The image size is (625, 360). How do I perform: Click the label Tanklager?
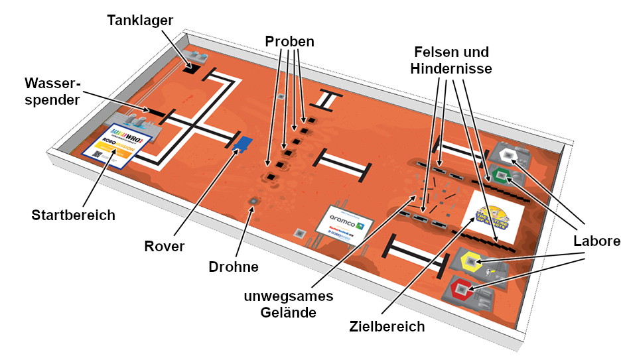140,21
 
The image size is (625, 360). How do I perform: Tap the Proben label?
289,41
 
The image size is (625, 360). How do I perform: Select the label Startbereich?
73,215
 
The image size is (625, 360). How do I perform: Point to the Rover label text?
165,246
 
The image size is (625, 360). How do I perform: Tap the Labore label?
596,242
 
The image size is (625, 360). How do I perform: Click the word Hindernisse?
451,68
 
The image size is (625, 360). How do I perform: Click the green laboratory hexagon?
502,176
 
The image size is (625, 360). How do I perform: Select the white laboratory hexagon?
510,156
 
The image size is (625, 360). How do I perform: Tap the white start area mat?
118,145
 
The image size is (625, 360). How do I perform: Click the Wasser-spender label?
52,92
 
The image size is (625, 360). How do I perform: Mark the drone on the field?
253,201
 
